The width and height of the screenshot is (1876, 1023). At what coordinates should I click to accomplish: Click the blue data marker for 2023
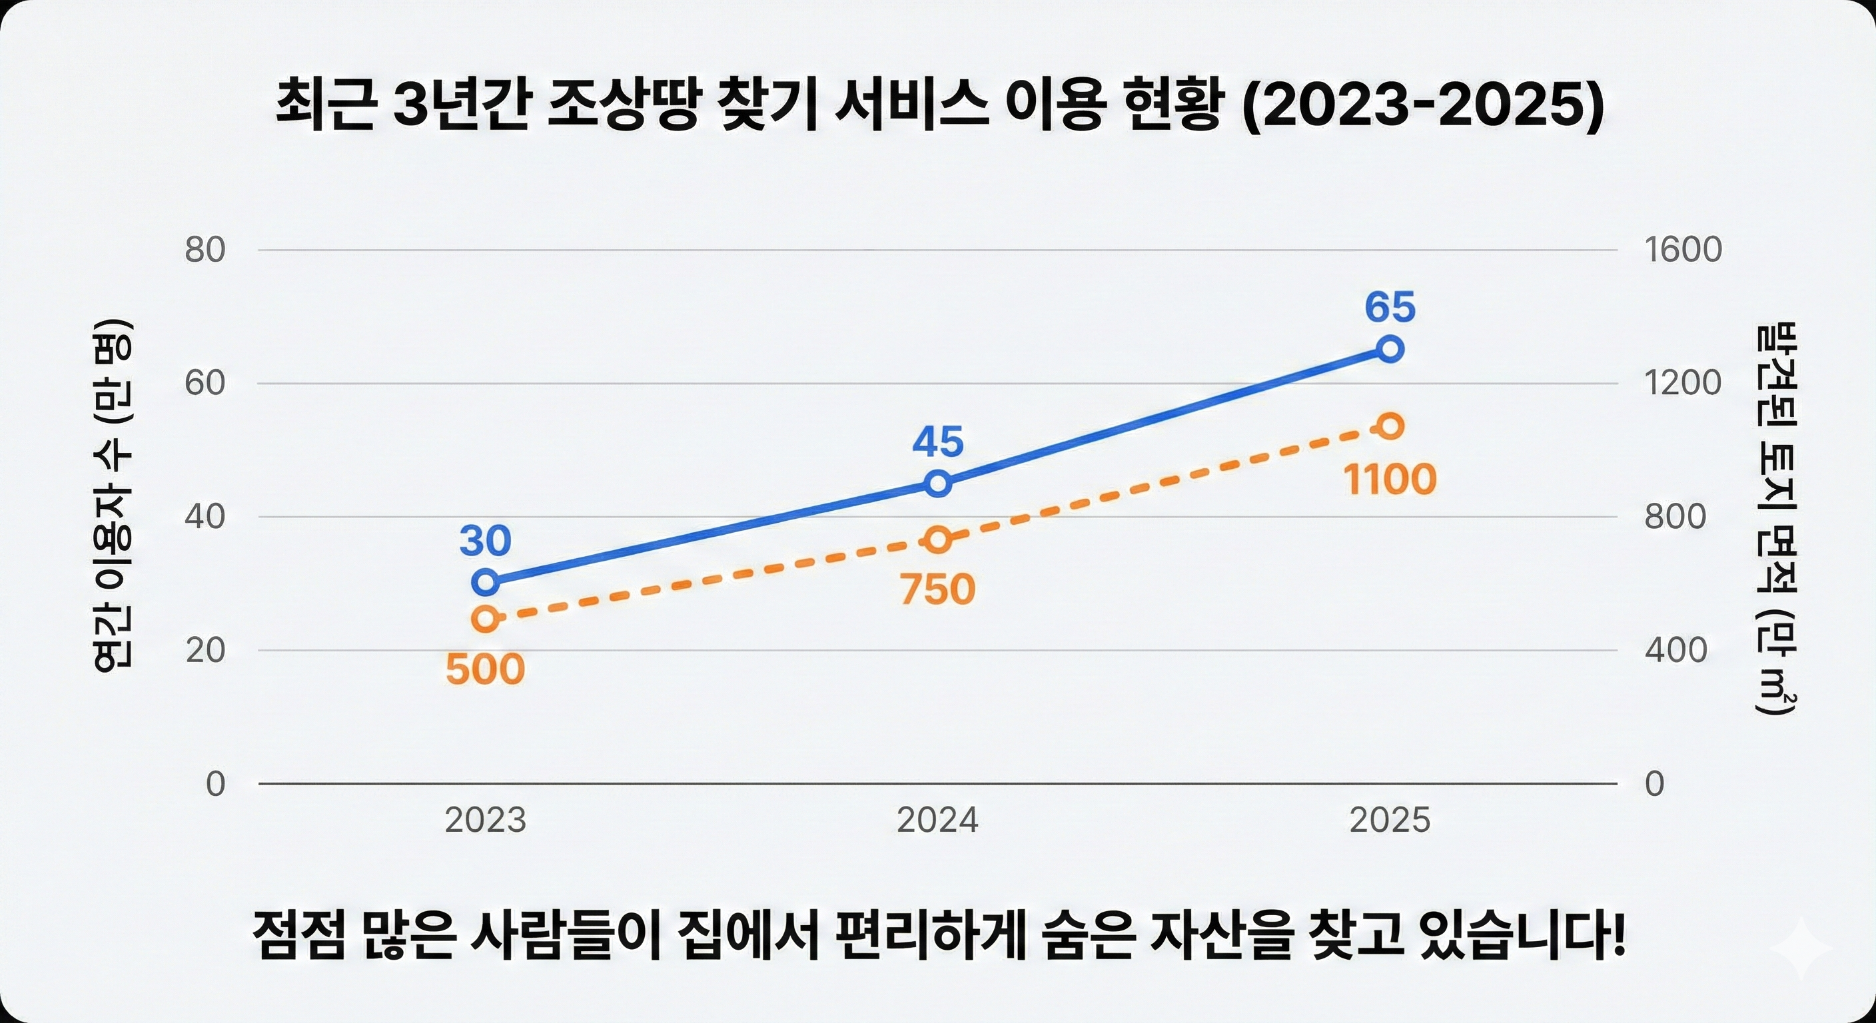pyautogui.click(x=485, y=581)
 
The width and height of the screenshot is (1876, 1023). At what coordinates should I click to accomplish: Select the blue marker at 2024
pyautogui.click(x=938, y=483)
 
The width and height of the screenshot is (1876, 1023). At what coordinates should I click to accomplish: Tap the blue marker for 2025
pyautogui.click(x=1390, y=349)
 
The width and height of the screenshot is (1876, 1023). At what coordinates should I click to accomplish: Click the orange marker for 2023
pyautogui.click(x=485, y=619)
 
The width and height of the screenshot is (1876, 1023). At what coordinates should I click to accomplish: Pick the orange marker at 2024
pyautogui.click(x=938, y=539)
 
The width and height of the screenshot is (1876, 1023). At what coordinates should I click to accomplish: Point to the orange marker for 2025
pyautogui.click(x=1390, y=426)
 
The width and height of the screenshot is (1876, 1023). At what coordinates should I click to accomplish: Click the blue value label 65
pyautogui.click(x=1390, y=306)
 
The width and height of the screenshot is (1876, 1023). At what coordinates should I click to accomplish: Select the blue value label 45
pyautogui.click(x=938, y=442)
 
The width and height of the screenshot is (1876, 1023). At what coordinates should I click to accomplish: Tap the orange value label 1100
pyautogui.click(x=1390, y=480)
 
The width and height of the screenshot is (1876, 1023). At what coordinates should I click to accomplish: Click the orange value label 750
pyautogui.click(x=938, y=589)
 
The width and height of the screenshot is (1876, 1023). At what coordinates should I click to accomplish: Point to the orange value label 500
pyautogui.click(x=485, y=669)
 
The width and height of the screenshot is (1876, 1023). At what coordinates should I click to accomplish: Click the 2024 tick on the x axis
pyautogui.click(x=938, y=821)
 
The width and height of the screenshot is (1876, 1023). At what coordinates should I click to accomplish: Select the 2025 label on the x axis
pyautogui.click(x=1390, y=821)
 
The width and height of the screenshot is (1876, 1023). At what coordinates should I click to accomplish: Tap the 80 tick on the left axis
pyautogui.click(x=205, y=250)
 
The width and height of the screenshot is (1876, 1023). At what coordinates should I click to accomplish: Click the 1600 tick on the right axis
pyautogui.click(x=1683, y=250)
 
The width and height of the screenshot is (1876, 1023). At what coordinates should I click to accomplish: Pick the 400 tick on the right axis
pyautogui.click(x=1675, y=649)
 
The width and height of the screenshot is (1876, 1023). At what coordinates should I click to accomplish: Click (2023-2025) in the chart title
pyautogui.click(x=1422, y=107)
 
